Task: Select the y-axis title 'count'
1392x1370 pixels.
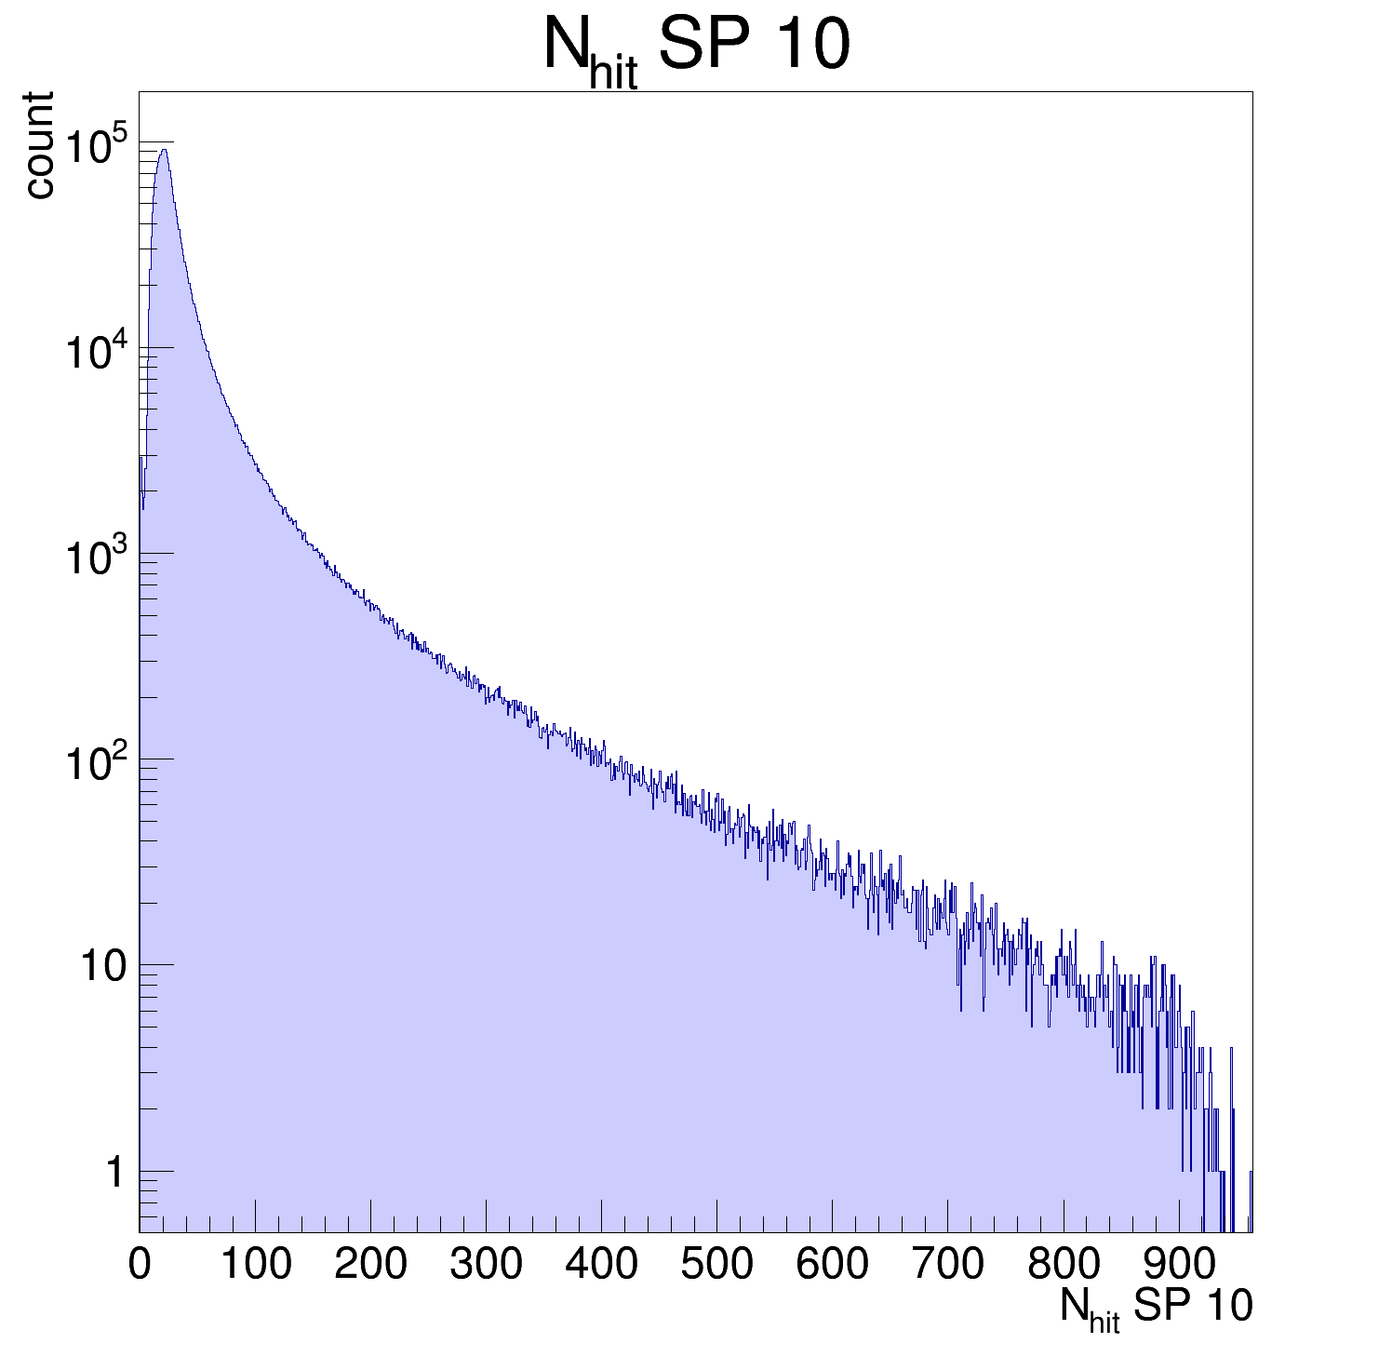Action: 39,144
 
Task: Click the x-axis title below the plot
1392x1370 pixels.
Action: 1156,1308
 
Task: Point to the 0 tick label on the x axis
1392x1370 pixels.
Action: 140,1264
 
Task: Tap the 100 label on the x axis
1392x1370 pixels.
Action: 255,1264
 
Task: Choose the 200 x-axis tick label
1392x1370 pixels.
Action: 370,1264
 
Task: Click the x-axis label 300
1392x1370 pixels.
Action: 486,1264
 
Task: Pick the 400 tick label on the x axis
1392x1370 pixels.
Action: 601,1264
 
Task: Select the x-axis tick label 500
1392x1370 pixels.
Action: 716,1264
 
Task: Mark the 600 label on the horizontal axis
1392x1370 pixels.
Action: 832,1264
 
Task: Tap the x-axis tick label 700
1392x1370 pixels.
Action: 947,1264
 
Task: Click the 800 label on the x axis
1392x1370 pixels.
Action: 1063,1264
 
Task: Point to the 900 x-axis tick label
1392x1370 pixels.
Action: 1178,1264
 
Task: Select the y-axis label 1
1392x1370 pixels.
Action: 114,1173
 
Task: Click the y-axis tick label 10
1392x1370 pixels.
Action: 102,967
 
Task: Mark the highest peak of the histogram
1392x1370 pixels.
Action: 164,150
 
